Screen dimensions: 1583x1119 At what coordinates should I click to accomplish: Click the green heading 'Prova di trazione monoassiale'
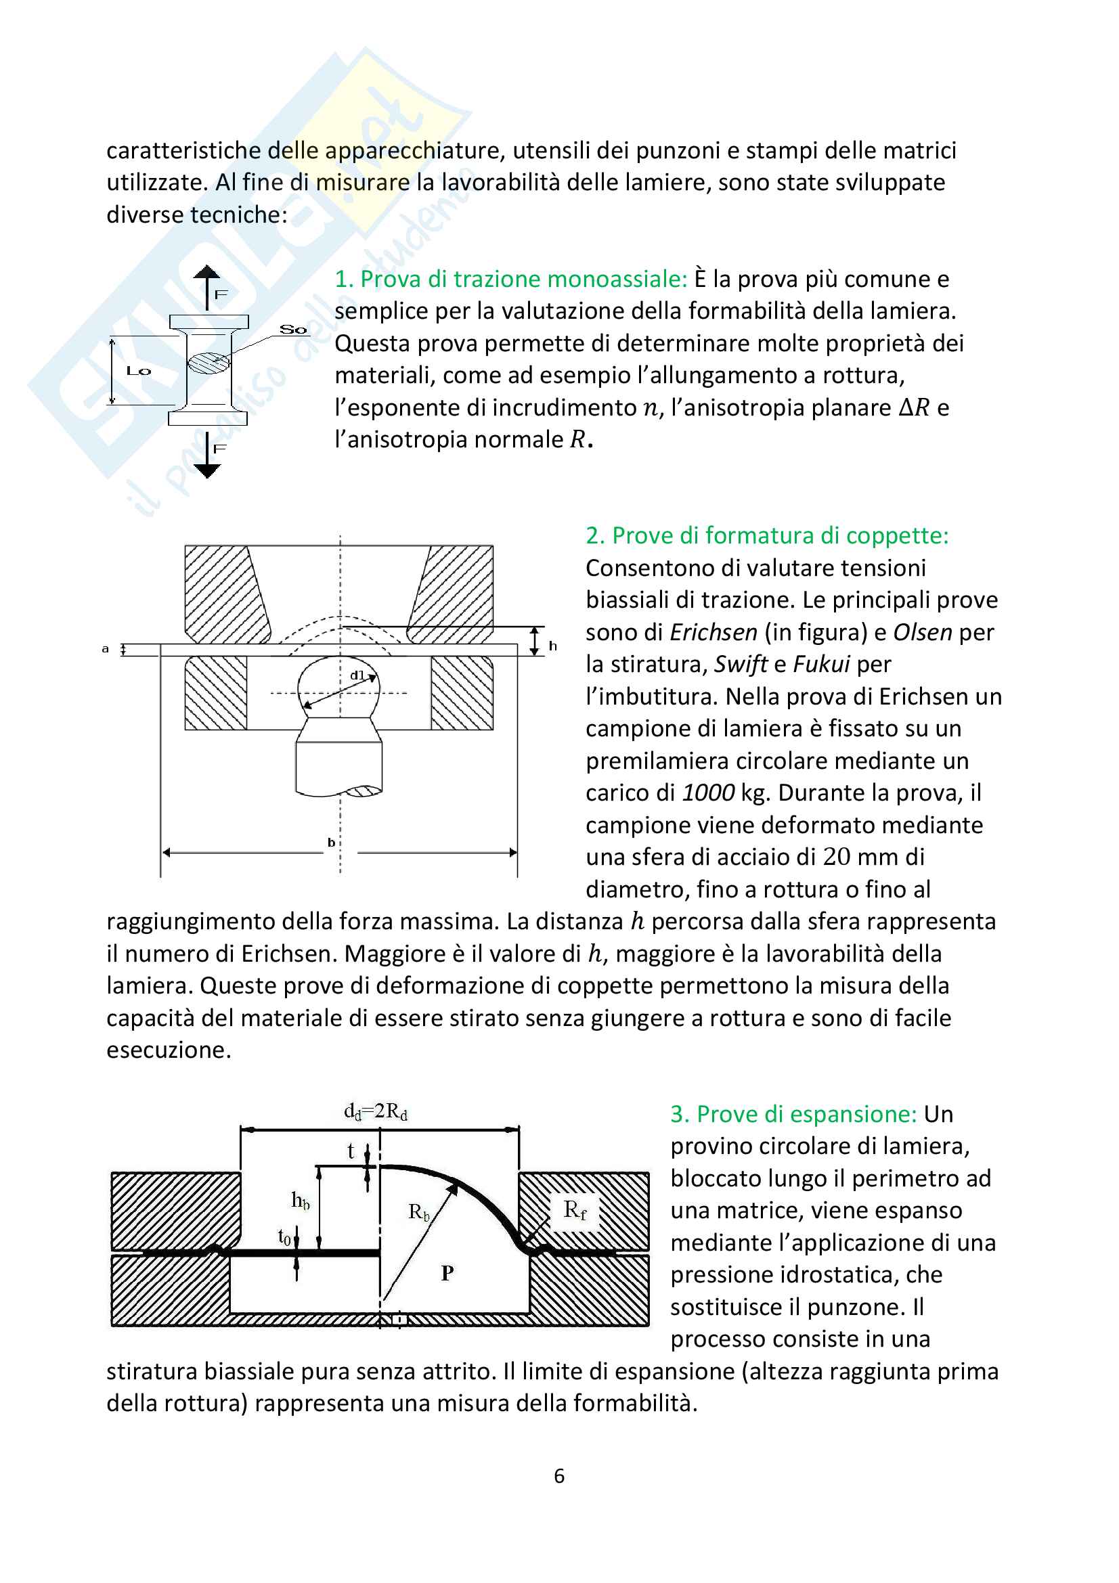510,280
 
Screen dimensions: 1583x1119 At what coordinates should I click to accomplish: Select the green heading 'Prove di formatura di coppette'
767,536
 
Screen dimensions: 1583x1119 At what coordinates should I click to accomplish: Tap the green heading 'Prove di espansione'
793,1114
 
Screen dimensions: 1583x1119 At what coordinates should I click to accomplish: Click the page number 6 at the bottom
559,1476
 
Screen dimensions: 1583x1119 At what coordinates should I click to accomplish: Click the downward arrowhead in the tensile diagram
207,471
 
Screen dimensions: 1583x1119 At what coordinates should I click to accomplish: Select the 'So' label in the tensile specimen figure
293,330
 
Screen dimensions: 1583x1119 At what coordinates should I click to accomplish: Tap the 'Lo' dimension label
138,371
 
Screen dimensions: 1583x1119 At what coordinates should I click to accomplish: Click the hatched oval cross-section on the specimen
209,363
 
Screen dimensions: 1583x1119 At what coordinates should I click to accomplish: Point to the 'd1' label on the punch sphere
357,675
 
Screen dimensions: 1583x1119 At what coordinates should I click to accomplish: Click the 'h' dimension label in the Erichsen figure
552,646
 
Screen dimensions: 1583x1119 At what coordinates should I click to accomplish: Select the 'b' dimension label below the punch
332,843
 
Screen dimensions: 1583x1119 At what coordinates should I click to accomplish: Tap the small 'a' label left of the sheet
106,649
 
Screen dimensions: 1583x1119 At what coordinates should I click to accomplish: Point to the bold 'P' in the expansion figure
447,1273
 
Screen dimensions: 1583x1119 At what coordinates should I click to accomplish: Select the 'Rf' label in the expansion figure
574,1210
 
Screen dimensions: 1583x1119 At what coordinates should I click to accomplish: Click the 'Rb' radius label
418,1212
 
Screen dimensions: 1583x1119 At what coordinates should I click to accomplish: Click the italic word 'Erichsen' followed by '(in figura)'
714,632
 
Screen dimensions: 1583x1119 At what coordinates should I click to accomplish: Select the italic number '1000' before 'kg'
707,793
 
